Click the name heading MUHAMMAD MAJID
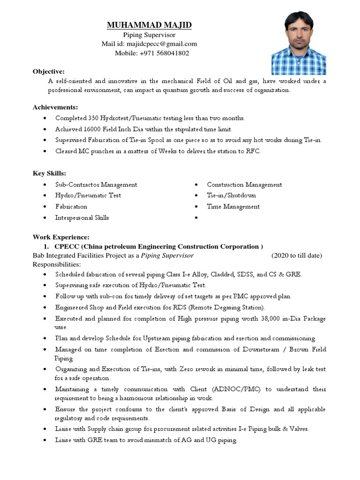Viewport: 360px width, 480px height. (x=150, y=25)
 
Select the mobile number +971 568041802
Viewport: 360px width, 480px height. (x=164, y=53)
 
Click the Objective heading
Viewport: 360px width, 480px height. (x=48, y=71)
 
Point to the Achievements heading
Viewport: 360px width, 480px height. (x=55, y=107)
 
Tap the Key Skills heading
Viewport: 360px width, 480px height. (x=49, y=173)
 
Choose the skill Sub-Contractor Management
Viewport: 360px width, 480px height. (x=96, y=185)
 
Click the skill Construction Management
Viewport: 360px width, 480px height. (x=244, y=185)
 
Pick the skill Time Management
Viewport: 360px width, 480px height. (x=233, y=207)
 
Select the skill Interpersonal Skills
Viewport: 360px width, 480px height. (x=82, y=217)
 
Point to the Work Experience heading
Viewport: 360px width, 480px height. (x=60, y=237)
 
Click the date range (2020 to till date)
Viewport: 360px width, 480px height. (x=297, y=255)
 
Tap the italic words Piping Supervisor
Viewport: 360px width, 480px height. (x=167, y=255)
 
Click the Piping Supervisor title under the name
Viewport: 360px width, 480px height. (x=149, y=35)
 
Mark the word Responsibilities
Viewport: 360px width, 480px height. (x=56, y=264)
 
